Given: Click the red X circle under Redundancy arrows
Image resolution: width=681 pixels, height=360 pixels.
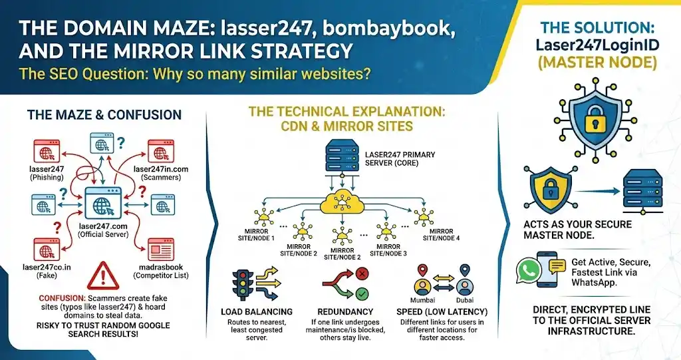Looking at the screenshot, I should click(362, 273).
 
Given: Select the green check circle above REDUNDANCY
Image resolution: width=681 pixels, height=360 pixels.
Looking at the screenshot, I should click(362, 293).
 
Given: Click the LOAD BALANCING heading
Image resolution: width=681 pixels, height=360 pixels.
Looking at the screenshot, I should click(257, 311).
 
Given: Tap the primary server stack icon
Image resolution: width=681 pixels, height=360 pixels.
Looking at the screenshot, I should click(341, 157).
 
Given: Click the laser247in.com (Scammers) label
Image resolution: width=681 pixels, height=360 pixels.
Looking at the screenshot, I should click(160, 173).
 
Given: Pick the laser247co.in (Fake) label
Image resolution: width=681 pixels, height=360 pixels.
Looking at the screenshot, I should click(47, 271).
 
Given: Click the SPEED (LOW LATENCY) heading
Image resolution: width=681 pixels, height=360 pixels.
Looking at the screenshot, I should click(442, 311).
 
